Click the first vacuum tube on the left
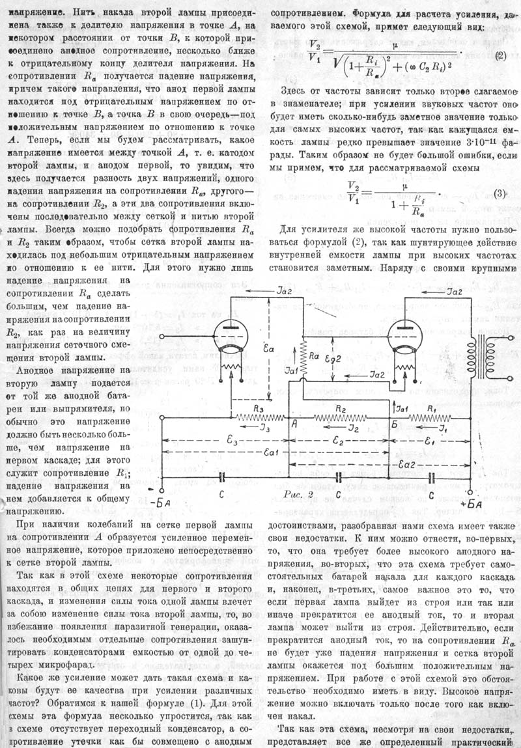229,338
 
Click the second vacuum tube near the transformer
403,339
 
